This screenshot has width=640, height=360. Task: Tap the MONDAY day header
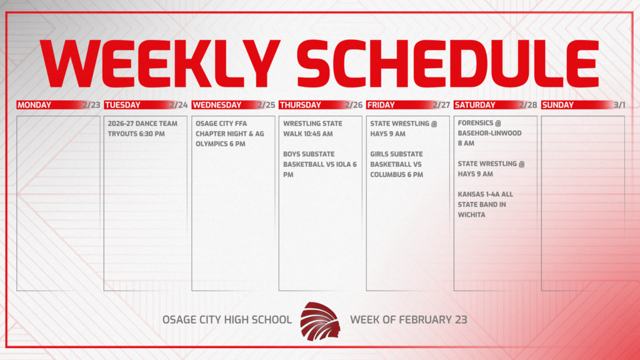tap(34, 105)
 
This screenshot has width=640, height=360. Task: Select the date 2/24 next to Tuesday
tap(178, 105)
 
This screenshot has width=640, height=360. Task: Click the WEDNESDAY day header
tap(217, 105)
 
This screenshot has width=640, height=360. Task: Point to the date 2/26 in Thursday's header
tap(353, 105)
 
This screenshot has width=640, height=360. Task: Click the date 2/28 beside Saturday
tap(528, 105)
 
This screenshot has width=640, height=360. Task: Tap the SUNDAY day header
tap(558, 105)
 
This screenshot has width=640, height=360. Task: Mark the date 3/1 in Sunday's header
tap(619, 105)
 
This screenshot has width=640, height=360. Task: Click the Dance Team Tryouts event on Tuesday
tap(142, 128)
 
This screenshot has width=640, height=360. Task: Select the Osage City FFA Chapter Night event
tap(230, 133)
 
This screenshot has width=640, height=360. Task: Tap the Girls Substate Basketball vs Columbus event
tap(396, 164)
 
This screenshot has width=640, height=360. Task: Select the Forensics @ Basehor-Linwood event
tap(481, 133)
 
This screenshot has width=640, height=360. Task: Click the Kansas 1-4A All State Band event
tap(485, 204)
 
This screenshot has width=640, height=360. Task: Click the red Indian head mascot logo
tap(320, 321)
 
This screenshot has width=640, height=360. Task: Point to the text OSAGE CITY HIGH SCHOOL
tap(227, 320)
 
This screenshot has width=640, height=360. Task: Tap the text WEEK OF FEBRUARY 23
tap(409, 320)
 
